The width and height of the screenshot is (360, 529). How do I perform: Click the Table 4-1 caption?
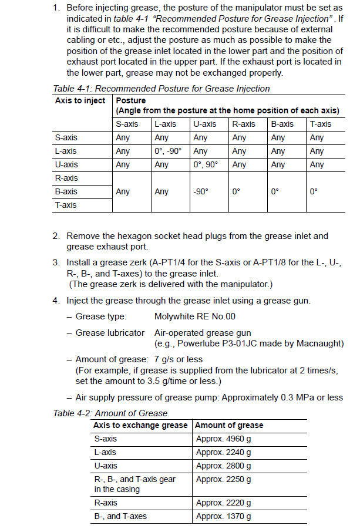[162, 89]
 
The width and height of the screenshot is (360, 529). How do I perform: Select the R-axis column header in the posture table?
[244, 124]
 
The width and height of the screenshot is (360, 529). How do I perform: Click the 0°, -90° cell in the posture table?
[168, 151]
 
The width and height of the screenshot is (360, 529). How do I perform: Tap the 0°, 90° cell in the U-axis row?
[206, 164]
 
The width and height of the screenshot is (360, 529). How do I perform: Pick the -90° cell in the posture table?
[201, 191]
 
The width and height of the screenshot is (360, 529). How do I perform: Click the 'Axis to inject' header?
[80, 100]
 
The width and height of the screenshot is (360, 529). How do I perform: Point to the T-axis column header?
[321, 124]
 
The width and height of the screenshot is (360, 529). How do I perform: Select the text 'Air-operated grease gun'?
[203, 333]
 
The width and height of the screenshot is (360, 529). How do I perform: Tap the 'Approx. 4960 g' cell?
[224, 439]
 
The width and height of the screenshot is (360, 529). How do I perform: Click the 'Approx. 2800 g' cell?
[224, 466]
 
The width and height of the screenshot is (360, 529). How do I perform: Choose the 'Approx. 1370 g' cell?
[224, 516]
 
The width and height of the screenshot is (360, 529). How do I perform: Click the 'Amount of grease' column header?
[229, 425]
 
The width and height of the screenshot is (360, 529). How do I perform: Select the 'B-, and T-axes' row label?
[120, 516]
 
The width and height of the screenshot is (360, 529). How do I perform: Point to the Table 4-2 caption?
[110, 413]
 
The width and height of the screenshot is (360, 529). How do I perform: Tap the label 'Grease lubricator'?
[110, 333]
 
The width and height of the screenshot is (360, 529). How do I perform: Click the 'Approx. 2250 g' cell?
[224, 479]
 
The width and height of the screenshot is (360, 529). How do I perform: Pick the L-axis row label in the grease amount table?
[105, 452]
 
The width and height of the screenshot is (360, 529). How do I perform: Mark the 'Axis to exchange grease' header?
[140, 425]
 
